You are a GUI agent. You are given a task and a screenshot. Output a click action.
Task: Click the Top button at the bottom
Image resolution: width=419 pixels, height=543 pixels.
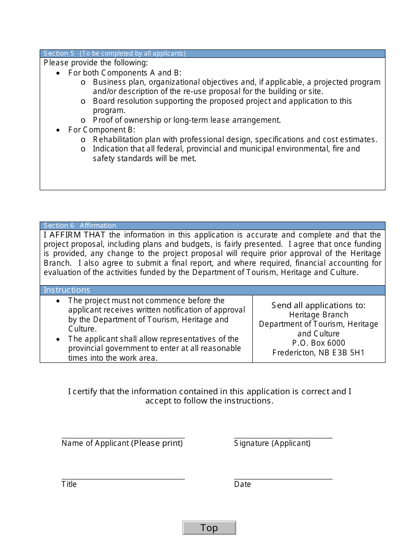tap(209, 528)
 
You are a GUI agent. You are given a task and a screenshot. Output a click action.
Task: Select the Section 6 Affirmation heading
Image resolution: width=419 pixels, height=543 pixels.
tap(80, 226)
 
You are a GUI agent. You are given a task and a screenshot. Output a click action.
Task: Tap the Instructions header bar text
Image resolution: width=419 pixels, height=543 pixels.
tap(67, 290)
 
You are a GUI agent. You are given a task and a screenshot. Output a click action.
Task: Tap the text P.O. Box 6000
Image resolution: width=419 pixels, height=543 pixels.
tap(318, 343)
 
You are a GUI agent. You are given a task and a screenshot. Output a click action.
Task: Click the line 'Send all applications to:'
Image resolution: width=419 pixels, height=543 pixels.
tap(318, 305)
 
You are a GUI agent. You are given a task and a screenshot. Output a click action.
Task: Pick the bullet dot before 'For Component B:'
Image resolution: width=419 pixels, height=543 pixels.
tap(58, 130)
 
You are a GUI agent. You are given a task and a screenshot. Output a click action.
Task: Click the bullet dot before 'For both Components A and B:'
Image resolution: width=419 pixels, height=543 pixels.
tap(58, 73)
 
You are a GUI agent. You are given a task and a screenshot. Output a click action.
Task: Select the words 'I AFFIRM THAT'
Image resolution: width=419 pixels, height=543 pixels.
tap(75, 235)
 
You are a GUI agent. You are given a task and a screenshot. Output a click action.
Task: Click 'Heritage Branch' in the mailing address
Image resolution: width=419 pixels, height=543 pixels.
tap(318, 315)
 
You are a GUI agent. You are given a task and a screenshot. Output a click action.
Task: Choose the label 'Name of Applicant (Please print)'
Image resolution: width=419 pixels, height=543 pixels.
tap(122, 443)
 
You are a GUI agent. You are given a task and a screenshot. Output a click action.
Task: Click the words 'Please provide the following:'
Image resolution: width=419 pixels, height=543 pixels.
tap(96, 63)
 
